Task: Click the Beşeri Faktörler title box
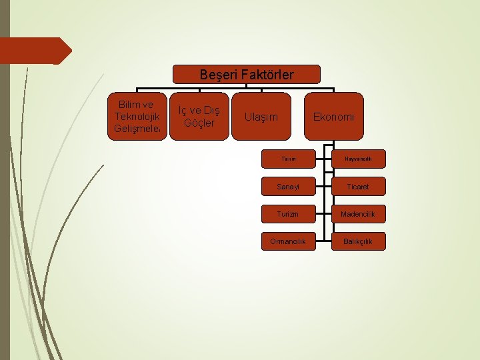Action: point(247,74)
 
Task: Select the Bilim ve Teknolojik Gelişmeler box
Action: point(134,116)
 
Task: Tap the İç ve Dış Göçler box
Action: point(199,116)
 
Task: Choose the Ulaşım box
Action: point(261,117)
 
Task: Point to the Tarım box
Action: point(288,159)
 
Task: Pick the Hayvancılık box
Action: point(359,159)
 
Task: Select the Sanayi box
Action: point(288,187)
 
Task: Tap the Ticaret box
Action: point(359,187)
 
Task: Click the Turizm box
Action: point(288,214)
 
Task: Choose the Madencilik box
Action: point(359,214)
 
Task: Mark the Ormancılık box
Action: point(288,241)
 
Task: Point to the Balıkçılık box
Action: point(359,241)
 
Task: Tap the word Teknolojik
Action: point(134,116)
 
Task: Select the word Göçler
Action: point(199,123)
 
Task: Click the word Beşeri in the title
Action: point(215,75)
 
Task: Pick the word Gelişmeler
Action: point(134,128)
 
